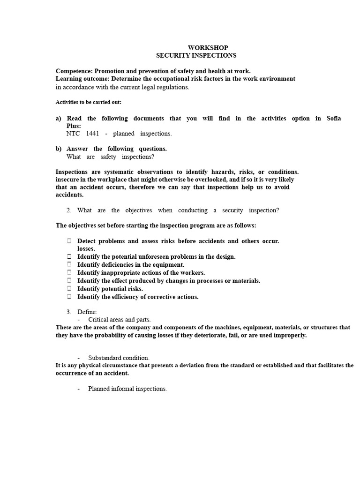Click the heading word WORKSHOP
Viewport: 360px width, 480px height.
(x=208, y=48)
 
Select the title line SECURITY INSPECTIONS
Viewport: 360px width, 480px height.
(x=196, y=55)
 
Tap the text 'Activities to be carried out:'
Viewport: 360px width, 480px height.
(x=89, y=102)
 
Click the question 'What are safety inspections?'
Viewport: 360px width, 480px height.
(x=110, y=157)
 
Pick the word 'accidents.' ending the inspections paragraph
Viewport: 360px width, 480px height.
(x=69, y=195)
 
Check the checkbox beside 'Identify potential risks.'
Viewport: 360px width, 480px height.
(x=69, y=289)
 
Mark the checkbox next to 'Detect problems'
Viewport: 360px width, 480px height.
(x=69, y=241)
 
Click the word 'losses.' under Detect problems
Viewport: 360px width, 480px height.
(x=86, y=248)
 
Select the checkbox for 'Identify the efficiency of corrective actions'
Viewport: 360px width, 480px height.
(x=69, y=297)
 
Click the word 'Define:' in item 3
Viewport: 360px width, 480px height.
(x=87, y=312)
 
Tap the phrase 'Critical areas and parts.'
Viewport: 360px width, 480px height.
(x=120, y=320)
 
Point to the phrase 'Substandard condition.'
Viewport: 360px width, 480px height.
(x=119, y=358)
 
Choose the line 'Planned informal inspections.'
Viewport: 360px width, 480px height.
(x=127, y=389)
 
